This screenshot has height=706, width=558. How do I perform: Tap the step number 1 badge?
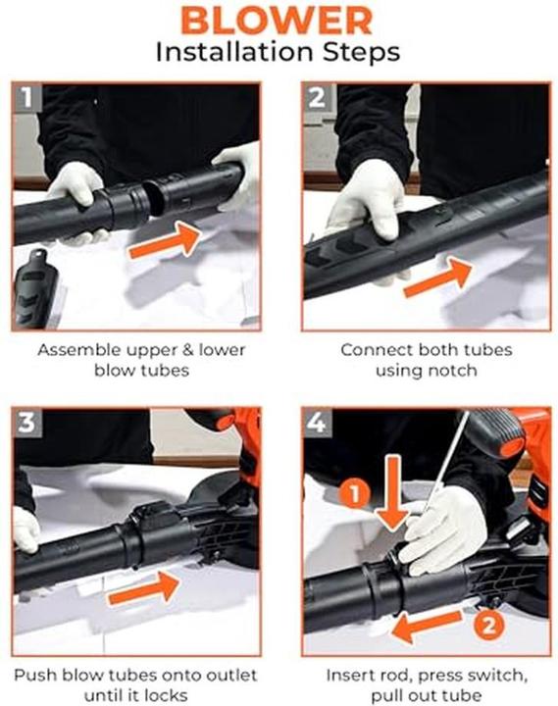point(27,98)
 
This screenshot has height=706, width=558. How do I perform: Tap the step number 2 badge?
point(317,98)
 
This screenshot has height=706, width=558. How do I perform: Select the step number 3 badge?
point(27,425)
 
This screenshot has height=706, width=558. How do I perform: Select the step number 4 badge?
point(317,425)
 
